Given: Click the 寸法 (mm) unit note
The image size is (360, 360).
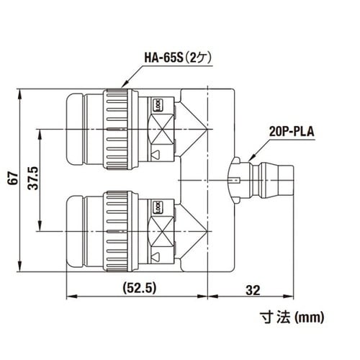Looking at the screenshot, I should point(292,316).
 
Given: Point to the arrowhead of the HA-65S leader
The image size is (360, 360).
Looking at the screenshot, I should point(125,88).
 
